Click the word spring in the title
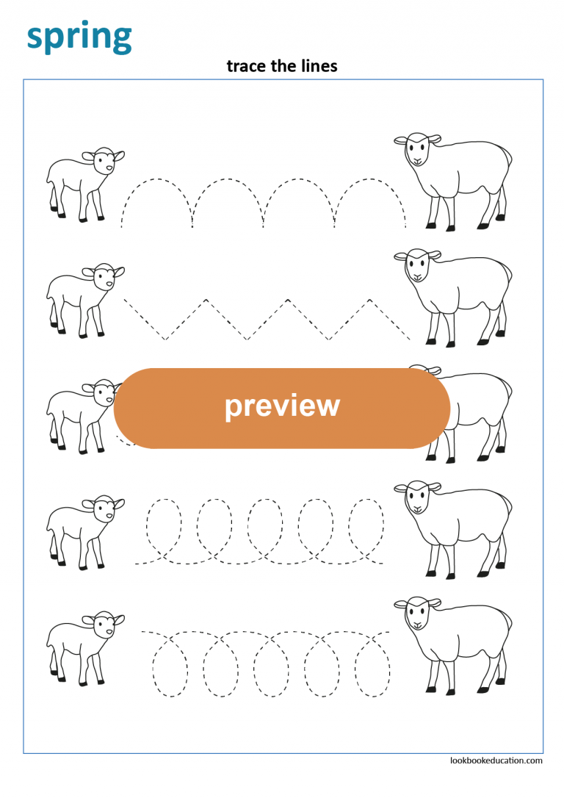(x=79, y=36)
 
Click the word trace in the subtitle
(x=244, y=66)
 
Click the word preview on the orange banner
(x=282, y=406)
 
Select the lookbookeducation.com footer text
(x=496, y=761)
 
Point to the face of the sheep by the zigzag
(x=416, y=265)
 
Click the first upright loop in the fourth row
(x=164, y=522)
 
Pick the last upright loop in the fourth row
(x=366, y=522)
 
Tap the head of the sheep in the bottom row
(x=416, y=613)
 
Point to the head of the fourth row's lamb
(x=104, y=508)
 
